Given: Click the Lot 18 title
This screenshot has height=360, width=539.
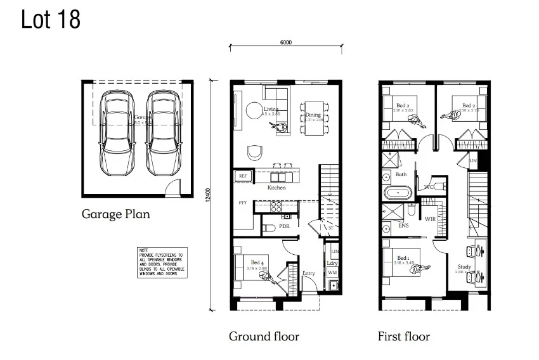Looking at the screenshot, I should (x=51, y=20).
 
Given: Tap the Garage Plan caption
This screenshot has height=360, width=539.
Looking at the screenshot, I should (x=115, y=214).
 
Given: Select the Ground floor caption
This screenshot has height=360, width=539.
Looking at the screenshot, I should (x=264, y=336).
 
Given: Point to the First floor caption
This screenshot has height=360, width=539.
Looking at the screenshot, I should (x=403, y=336).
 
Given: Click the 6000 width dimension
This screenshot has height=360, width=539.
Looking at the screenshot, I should (x=285, y=42).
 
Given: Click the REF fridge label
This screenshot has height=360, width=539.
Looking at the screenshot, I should (x=242, y=176).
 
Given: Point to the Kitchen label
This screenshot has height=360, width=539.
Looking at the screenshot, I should (x=276, y=188).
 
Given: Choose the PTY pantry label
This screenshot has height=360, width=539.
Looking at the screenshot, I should (x=242, y=203).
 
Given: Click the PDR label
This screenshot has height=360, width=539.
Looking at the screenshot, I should (x=284, y=226).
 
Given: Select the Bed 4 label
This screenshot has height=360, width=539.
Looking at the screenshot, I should (x=257, y=262).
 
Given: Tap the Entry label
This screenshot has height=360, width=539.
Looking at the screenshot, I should (x=308, y=273).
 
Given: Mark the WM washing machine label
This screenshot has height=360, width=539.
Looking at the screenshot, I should (x=332, y=272).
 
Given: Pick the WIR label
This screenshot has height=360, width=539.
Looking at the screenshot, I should (x=431, y=219).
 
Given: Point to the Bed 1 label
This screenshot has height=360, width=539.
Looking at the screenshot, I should (x=402, y=258).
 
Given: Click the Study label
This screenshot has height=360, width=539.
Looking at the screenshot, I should (x=464, y=267).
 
